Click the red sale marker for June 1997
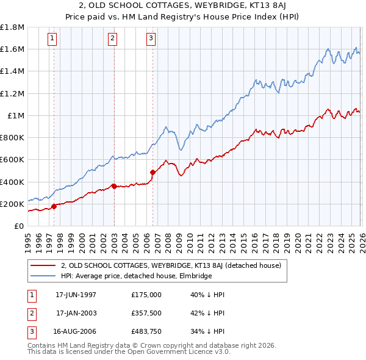[x=54, y=206]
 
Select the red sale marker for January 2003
[x=114, y=186]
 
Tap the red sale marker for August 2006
[x=152, y=172]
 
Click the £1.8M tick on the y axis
[x=12, y=27]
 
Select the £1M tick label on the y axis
[x=15, y=115]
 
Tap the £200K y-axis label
[x=12, y=204]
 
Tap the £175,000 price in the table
[x=146, y=295]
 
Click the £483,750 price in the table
[x=146, y=333]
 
